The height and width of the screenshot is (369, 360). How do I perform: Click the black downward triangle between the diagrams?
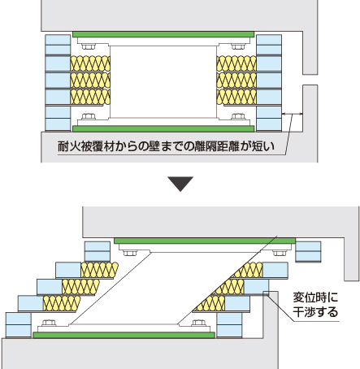pos(180,184)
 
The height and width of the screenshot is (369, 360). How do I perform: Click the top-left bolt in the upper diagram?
pos(89,46)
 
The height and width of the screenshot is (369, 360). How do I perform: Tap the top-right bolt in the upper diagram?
pos(238,46)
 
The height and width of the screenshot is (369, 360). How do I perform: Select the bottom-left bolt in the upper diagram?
pos(89,116)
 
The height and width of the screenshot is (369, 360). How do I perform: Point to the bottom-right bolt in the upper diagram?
pos(238,116)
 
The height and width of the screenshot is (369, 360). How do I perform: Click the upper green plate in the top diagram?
pos(163,34)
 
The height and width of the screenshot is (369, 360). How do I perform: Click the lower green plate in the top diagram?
pos(163,128)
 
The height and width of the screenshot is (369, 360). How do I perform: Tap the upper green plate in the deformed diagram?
pos(205,241)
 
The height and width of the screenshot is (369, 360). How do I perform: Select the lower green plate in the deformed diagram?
pos(124,335)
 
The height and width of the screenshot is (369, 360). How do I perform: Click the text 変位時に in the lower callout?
pos(316,297)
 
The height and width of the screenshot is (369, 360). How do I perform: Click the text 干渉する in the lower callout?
pos(316,312)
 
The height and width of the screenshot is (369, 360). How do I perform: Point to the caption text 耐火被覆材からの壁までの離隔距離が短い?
pos(167,146)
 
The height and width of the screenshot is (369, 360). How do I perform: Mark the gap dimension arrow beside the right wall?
pos(293,114)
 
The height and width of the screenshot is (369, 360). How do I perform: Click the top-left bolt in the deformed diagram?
pos(130,253)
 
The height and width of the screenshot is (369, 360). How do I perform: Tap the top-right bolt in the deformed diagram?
pos(280,253)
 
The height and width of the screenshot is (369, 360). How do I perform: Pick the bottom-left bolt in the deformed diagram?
pos(49,323)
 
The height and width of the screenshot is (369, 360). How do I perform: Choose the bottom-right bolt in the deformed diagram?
pos(198,323)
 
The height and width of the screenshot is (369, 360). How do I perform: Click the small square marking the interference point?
pos(266,293)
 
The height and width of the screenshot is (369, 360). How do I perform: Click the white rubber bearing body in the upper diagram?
pos(163,82)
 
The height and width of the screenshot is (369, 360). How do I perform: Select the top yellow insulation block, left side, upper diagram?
pos(90,63)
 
